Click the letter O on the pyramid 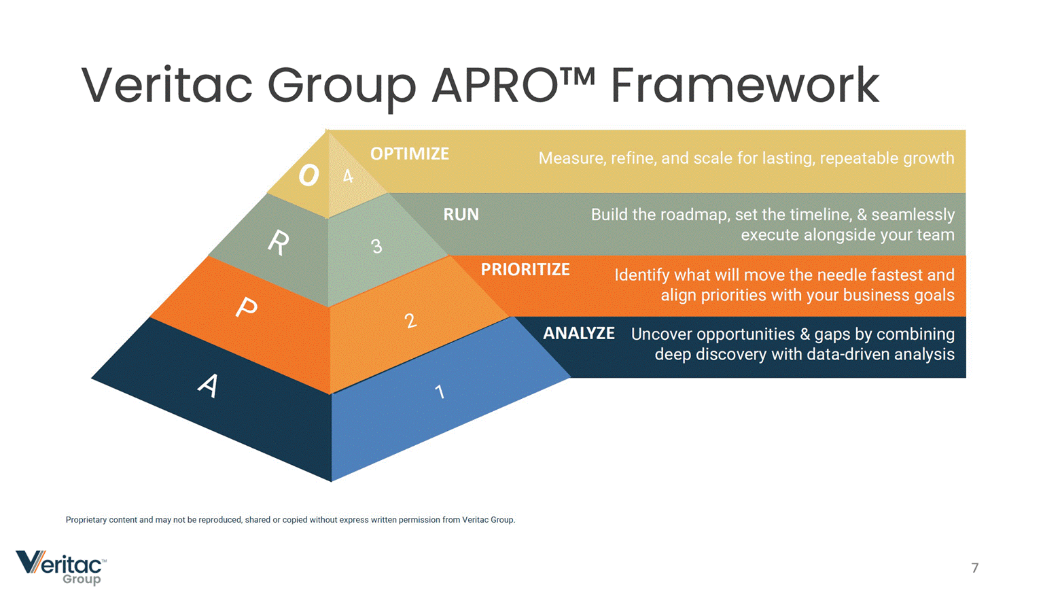click(x=308, y=175)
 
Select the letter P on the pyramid click(x=247, y=308)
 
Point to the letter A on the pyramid click(x=209, y=385)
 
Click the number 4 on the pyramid click(x=348, y=177)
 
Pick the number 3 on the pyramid click(x=376, y=246)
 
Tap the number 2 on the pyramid click(x=410, y=320)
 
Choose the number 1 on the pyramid click(x=440, y=391)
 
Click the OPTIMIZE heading click(x=409, y=154)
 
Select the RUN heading click(x=461, y=215)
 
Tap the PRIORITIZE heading click(x=525, y=270)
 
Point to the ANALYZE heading click(x=578, y=334)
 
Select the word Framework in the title click(x=745, y=86)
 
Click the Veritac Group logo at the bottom click(x=61, y=567)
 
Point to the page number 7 click(x=975, y=568)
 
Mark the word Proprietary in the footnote click(x=86, y=520)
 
